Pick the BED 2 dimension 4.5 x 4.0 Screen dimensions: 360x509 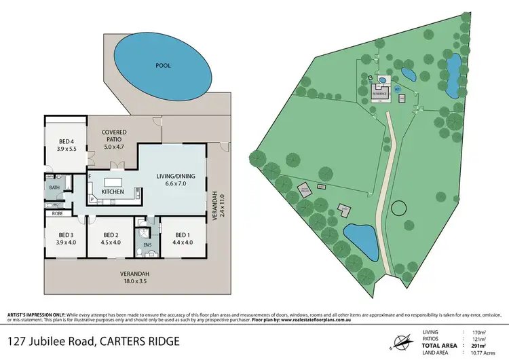point(110,242)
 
